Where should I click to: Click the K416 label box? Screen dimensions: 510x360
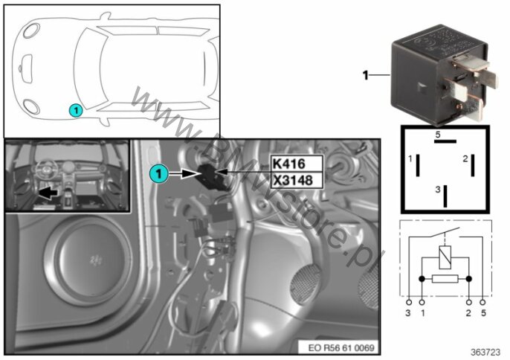pos(297,164)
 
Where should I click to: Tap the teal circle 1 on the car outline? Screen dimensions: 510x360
pos(76,110)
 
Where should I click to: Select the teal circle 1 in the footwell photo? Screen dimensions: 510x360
pos(159,173)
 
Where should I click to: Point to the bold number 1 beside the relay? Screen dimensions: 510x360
pos(366,76)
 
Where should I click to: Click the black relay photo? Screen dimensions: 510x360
pos(443,74)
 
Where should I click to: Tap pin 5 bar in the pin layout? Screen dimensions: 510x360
pos(445,141)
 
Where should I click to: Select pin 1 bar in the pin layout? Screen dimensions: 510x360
pos(418,166)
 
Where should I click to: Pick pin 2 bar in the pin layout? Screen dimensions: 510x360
pos(473,166)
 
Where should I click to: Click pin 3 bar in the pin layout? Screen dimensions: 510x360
pos(445,196)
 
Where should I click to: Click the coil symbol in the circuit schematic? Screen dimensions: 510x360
pos(445,257)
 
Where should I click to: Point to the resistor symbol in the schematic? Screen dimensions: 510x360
pos(445,279)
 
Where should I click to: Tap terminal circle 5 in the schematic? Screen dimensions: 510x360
pos(482,303)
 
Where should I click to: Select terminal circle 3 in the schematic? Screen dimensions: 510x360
pos(409,303)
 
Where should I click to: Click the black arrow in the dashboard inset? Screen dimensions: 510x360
pos(48,193)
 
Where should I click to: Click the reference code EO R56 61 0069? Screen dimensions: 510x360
pos(340,347)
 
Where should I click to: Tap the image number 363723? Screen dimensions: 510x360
pos(485,352)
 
